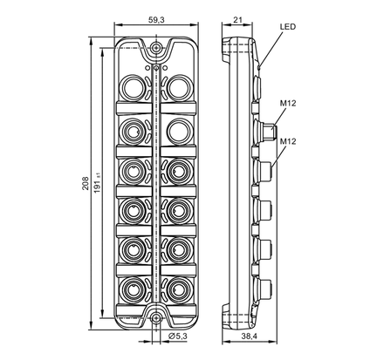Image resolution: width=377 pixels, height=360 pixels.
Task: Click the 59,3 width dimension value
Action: tap(156, 20)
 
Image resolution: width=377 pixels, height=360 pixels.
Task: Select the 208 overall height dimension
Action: tap(86, 183)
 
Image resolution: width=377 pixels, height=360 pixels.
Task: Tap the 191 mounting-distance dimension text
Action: tap(98, 183)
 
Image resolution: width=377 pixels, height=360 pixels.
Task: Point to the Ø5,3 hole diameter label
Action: tap(178, 336)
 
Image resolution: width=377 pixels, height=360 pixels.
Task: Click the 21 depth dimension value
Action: tap(237, 20)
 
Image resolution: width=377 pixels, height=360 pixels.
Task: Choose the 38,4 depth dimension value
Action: tap(250, 336)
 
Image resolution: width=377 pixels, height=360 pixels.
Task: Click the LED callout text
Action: tap(288, 27)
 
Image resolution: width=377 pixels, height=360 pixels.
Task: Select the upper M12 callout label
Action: tap(288, 103)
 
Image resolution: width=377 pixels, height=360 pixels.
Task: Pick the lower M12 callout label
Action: tap(288, 141)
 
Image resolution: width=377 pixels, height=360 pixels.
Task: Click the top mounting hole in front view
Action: tap(156, 47)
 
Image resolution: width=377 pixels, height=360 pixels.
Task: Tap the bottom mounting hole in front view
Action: tap(156, 317)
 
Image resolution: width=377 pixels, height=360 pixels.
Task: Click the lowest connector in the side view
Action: tap(264, 288)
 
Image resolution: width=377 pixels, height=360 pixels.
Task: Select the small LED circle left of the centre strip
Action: tap(147, 68)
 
